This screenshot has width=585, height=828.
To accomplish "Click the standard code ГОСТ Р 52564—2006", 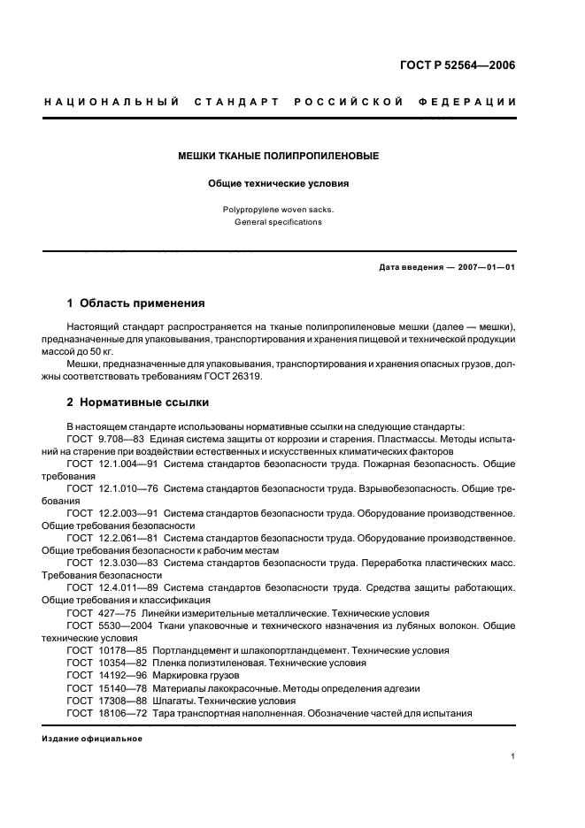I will (x=459, y=65).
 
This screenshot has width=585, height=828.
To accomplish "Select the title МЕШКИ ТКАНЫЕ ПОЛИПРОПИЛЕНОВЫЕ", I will (x=279, y=157).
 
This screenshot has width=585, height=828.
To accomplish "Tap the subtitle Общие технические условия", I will (x=279, y=184).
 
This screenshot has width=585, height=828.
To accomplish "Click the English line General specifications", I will (x=278, y=223).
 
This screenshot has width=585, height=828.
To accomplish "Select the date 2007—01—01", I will (x=484, y=267).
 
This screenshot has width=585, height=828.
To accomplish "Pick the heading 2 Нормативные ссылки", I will (x=138, y=402).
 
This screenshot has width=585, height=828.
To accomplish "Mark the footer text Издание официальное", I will (x=92, y=740).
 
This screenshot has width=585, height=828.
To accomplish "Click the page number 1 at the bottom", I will (x=513, y=756).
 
